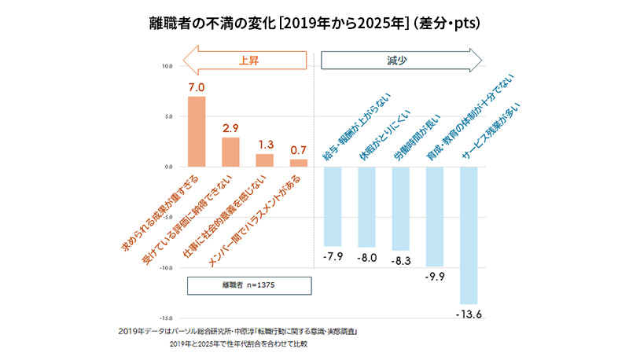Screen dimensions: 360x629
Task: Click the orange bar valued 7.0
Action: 197,131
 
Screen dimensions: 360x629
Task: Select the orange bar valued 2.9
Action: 230,152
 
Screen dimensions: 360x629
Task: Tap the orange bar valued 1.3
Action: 265,160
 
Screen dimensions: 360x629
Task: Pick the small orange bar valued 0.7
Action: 299,163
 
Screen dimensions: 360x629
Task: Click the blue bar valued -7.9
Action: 333,206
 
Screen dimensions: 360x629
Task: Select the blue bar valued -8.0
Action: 367,207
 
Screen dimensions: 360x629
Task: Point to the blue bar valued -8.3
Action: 401,208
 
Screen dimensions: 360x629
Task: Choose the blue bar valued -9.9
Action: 435,216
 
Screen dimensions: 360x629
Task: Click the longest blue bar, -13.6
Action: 469,235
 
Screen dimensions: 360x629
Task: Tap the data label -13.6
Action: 469,314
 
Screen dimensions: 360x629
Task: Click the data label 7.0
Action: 197,86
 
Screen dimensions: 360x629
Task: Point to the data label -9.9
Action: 435,277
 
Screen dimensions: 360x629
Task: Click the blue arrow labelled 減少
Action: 402,60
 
